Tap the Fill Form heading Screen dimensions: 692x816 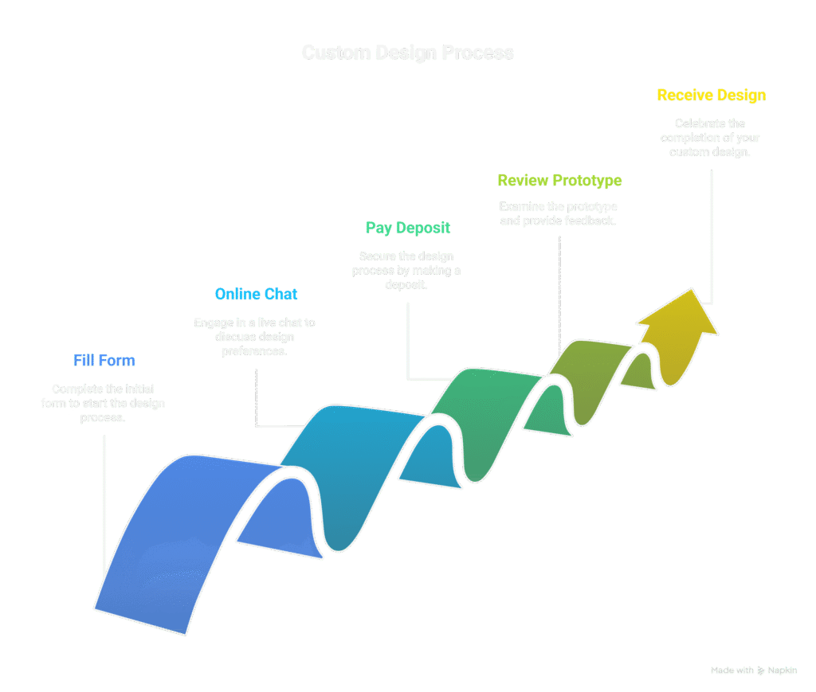tap(104, 361)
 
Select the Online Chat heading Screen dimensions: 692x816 tap(257, 295)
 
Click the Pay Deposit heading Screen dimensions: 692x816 tap(408, 229)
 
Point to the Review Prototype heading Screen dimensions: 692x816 tap(559, 181)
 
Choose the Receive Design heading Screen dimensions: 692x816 tap(712, 96)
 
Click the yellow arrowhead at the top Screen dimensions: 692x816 tap(678, 319)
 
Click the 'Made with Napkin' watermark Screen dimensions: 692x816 tap(754, 670)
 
